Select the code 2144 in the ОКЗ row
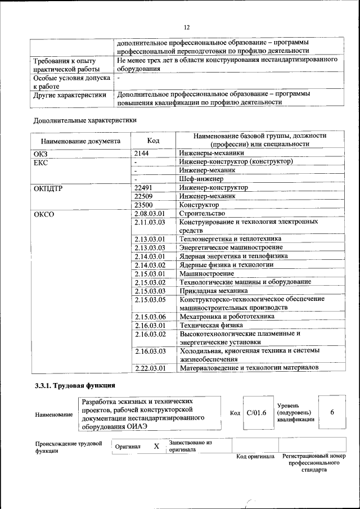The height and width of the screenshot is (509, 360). [142, 152]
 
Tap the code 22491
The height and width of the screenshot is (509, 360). [145, 188]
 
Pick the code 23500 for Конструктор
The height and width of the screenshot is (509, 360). [145, 205]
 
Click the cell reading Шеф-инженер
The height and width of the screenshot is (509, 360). [197, 179]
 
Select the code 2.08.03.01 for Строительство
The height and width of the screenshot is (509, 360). [150, 214]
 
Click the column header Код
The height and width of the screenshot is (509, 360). [154, 140]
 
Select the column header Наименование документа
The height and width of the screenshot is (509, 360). [80, 141]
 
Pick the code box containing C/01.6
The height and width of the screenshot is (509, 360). [256, 413]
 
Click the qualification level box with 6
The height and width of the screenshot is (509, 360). [332, 412]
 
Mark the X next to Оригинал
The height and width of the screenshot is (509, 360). [156, 446]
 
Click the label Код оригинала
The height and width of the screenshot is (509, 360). [254, 456]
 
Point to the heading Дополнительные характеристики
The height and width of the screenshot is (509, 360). [85, 120]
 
